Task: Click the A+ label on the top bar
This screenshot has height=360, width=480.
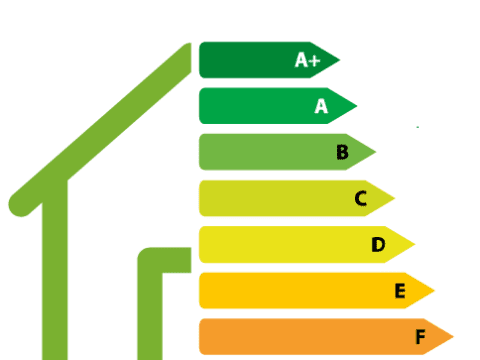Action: coord(307,60)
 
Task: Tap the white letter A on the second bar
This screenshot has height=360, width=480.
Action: coord(321,105)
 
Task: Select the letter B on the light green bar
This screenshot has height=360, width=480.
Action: coord(342,152)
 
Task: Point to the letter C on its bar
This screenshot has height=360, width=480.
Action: coord(361,198)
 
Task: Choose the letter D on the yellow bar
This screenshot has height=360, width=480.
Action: coord(378,244)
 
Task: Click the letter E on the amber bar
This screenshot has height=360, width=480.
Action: coord(399,291)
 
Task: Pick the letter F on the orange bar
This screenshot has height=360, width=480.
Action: coord(420,337)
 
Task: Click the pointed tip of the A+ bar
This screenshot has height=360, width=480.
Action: coord(339,60)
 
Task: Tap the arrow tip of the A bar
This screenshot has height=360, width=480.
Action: coord(357,105)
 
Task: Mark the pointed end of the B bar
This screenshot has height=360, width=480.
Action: coord(376,152)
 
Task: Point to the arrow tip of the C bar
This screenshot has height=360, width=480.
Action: coord(395,198)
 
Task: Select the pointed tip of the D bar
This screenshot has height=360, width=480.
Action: coord(415,244)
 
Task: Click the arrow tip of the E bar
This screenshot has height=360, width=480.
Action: coord(435,291)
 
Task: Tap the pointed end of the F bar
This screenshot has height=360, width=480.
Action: coord(454,337)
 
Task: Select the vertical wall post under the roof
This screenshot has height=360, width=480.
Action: coord(56,280)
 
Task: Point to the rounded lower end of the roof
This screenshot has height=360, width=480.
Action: coord(18,206)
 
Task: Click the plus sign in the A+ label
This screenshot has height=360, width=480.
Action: coord(314,60)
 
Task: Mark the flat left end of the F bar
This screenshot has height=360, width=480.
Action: coord(201,337)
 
